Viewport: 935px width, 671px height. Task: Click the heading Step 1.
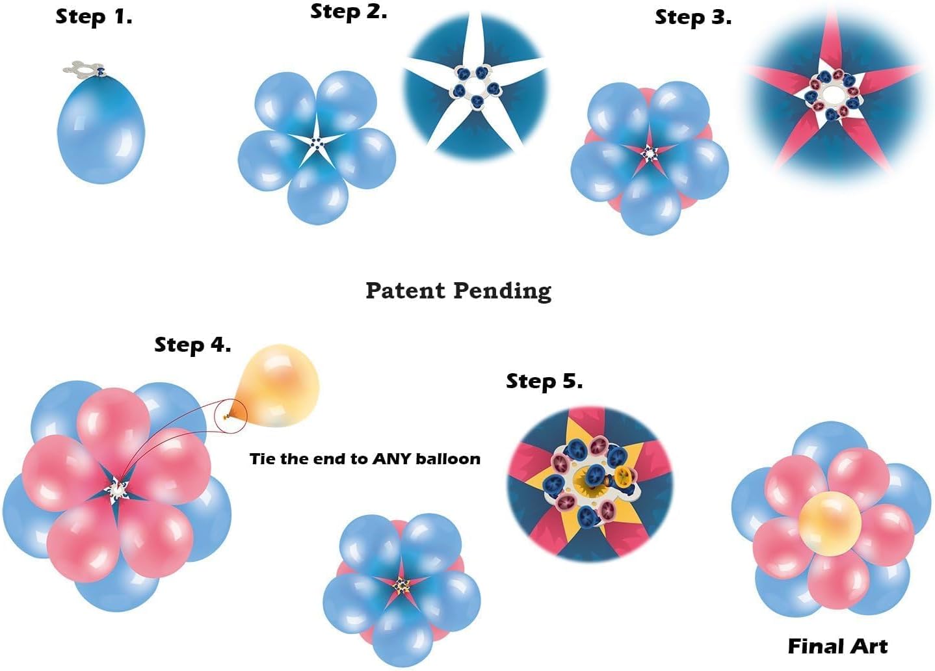94,16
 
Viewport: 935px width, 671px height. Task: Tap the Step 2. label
349,11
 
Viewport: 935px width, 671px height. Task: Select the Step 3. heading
692,17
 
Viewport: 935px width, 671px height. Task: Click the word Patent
406,290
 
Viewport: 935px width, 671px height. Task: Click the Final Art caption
837,646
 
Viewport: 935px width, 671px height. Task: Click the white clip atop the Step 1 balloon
83,68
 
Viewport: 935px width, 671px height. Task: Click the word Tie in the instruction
262,458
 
